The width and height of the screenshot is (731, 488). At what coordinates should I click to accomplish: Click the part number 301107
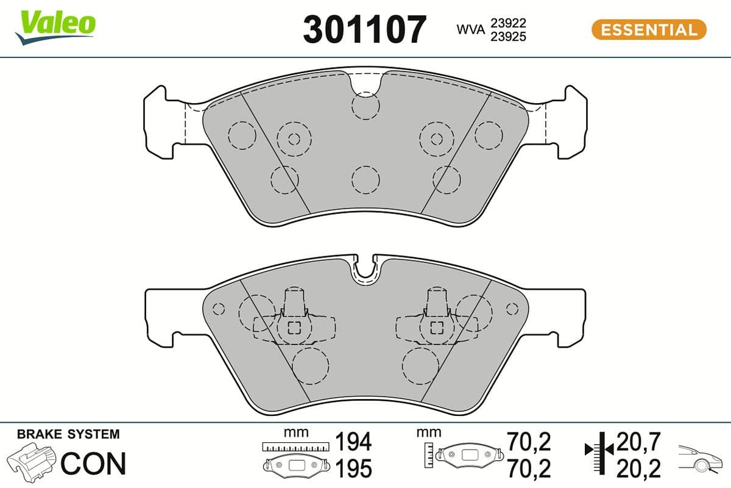pyautogui.click(x=364, y=29)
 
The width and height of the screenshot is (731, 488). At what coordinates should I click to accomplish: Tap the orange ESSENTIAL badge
pyautogui.click(x=649, y=29)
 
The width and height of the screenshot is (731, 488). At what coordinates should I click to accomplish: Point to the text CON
pyautogui.click(x=93, y=464)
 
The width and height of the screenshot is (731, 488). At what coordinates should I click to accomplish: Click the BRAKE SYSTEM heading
pyautogui.click(x=68, y=434)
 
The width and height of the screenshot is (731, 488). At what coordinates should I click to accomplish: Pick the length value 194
pyautogui.click(x=354, y=441)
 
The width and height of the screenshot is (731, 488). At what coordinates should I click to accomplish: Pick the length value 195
pyautogui.click(x=354, y=468)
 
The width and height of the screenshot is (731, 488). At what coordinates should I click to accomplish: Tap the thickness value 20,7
pyautogui.click(x=639, y=441)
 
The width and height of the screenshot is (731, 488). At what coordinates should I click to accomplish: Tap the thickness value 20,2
pyautogui.click(x=639, y=468)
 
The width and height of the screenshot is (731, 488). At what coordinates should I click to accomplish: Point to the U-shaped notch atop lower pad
pyautogui.click(x=365, y=269)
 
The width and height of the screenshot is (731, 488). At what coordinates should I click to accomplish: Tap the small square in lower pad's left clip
pyautogui.click(x=294, y=328)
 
